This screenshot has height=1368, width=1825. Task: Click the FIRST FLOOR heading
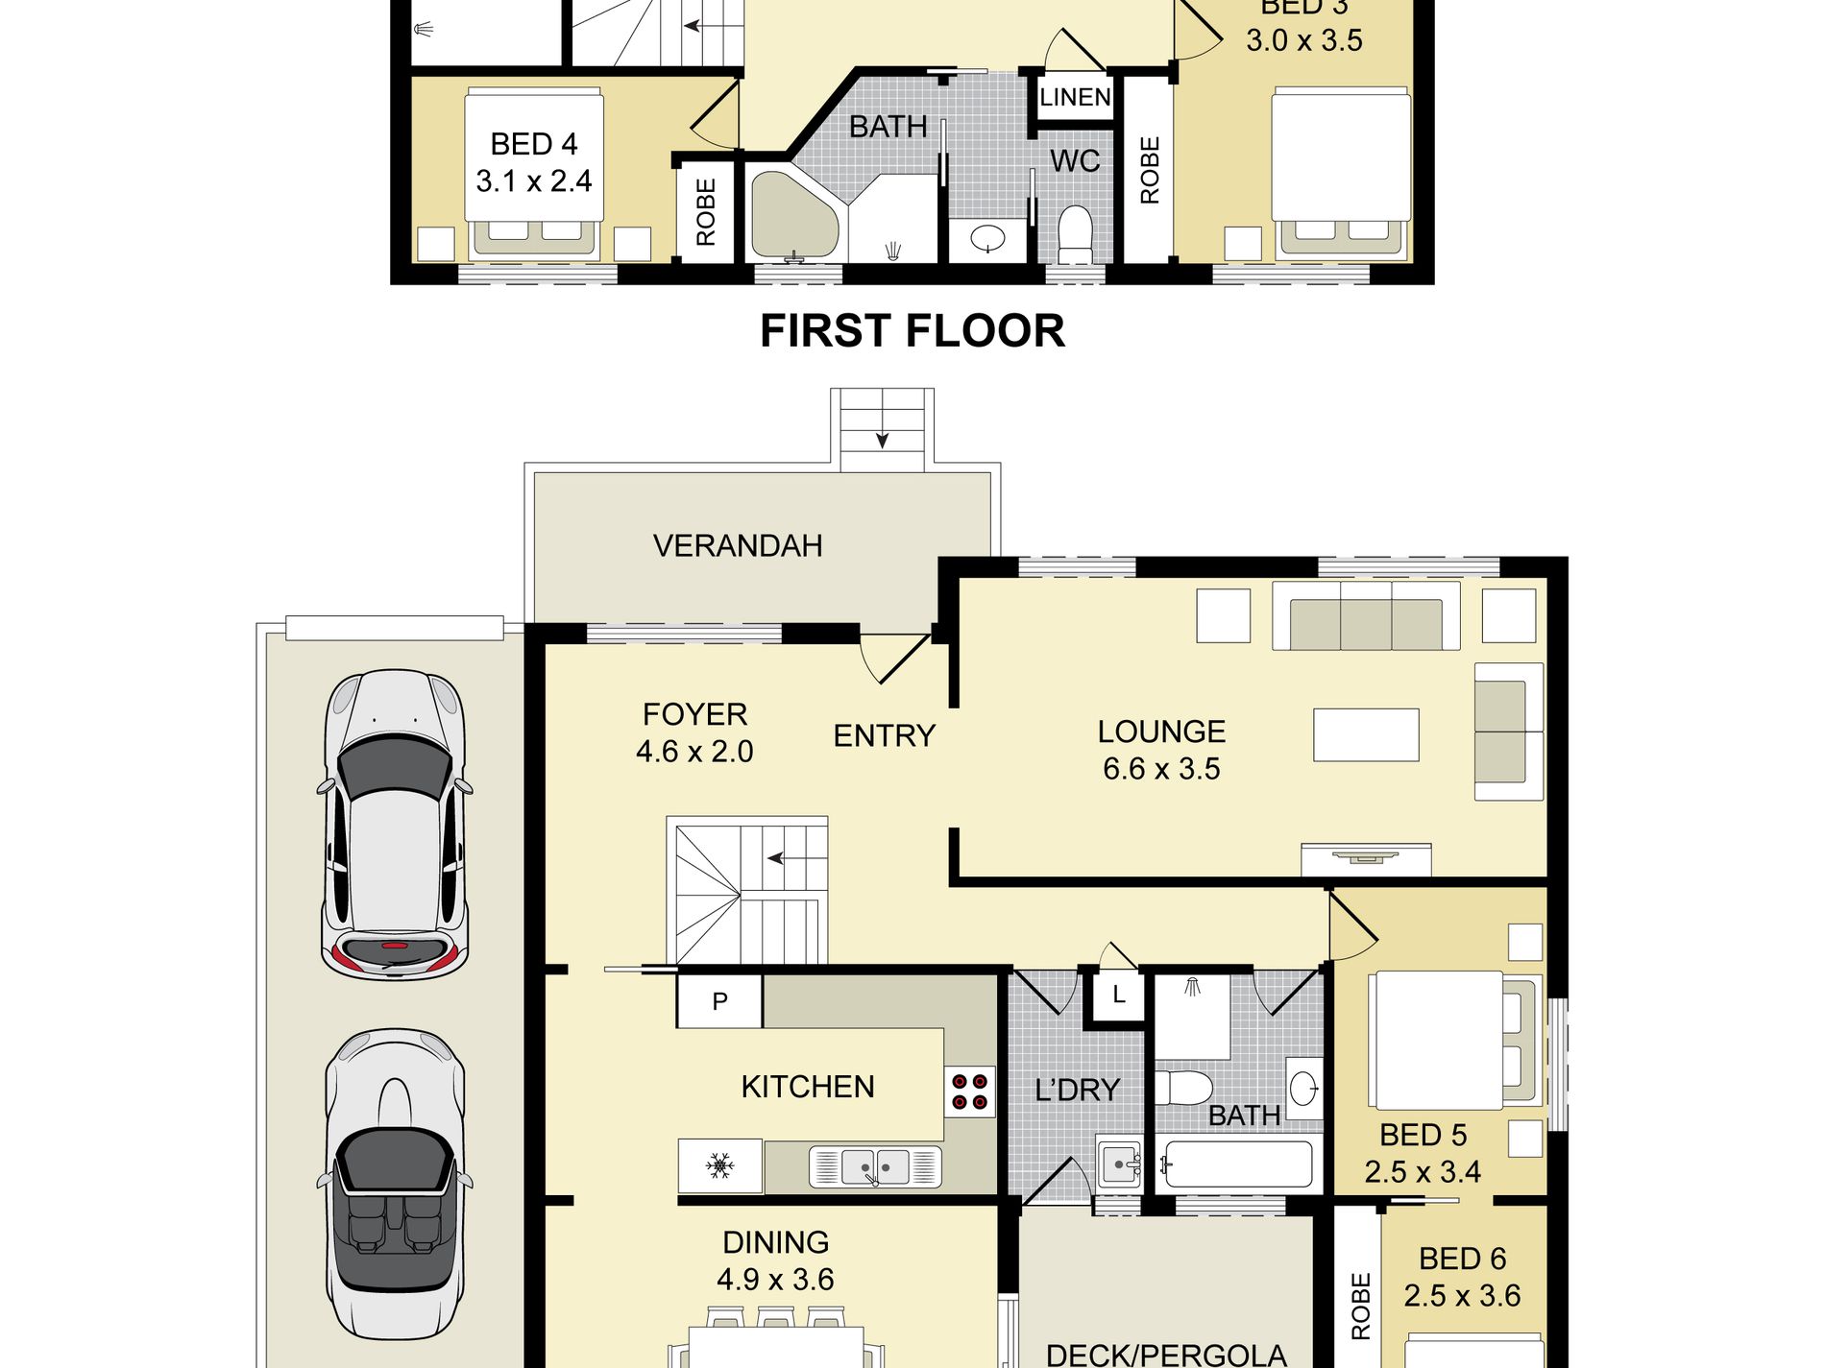click(912, 331)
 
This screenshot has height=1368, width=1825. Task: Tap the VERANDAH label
click(738, 545)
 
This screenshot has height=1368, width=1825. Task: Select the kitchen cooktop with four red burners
click(969, 1092)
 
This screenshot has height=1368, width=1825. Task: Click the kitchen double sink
click(875, 1166)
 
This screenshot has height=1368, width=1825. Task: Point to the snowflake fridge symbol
click(719, 1166)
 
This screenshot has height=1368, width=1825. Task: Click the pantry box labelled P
click(719, 1001)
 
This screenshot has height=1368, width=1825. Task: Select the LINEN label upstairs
click(1075, 97)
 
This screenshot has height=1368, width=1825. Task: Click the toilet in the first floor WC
click(1075, 234)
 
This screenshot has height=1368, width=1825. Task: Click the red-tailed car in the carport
click(394, 824)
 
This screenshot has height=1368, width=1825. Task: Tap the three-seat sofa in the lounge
click(1366, 616)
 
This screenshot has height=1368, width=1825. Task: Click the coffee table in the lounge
click(1366, 734)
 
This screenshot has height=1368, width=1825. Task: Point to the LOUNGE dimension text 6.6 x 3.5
click(1161, 769)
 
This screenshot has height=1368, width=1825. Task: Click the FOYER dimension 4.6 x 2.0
click(694, 752)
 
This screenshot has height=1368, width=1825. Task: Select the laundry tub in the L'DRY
click(1119, 1164)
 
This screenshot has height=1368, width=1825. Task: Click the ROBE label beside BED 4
click(706, 213)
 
